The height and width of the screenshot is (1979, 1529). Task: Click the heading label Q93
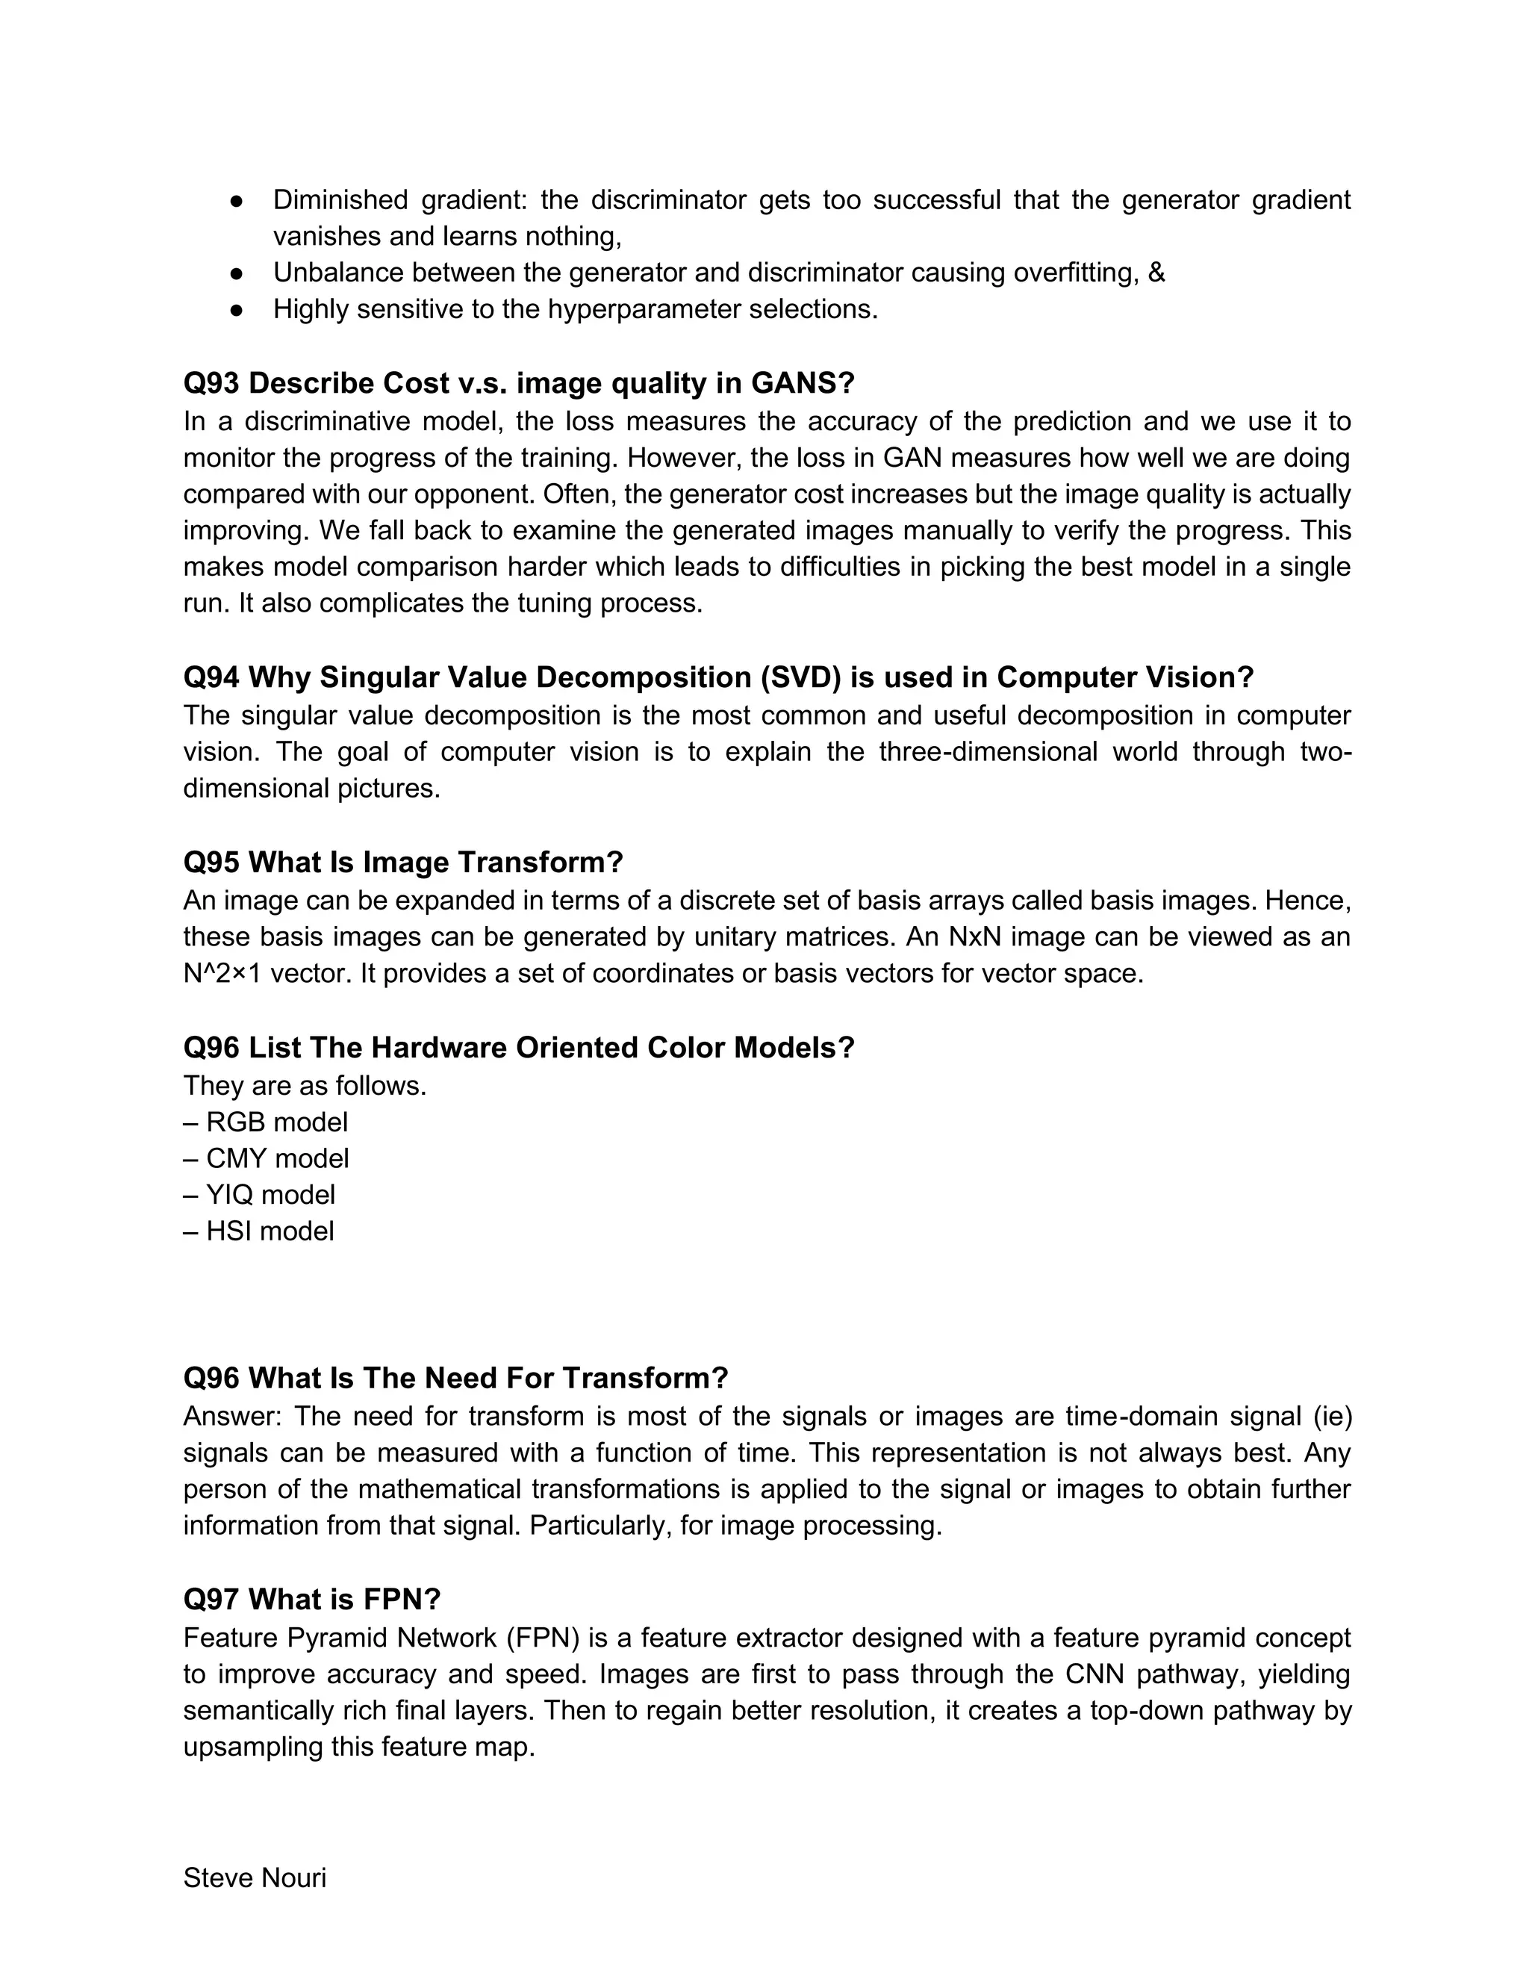211,383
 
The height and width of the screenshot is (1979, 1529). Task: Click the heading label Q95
211,862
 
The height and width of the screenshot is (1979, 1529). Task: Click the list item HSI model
259,1231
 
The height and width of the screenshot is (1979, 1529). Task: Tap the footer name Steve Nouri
255,1877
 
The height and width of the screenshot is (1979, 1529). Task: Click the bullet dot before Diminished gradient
237,200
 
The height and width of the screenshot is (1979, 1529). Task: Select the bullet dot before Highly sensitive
237,310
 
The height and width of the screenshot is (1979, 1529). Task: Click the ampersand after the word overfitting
1156,273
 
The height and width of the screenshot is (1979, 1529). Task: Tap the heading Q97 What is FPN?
311,1600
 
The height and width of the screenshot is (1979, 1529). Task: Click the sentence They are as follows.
305,1086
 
